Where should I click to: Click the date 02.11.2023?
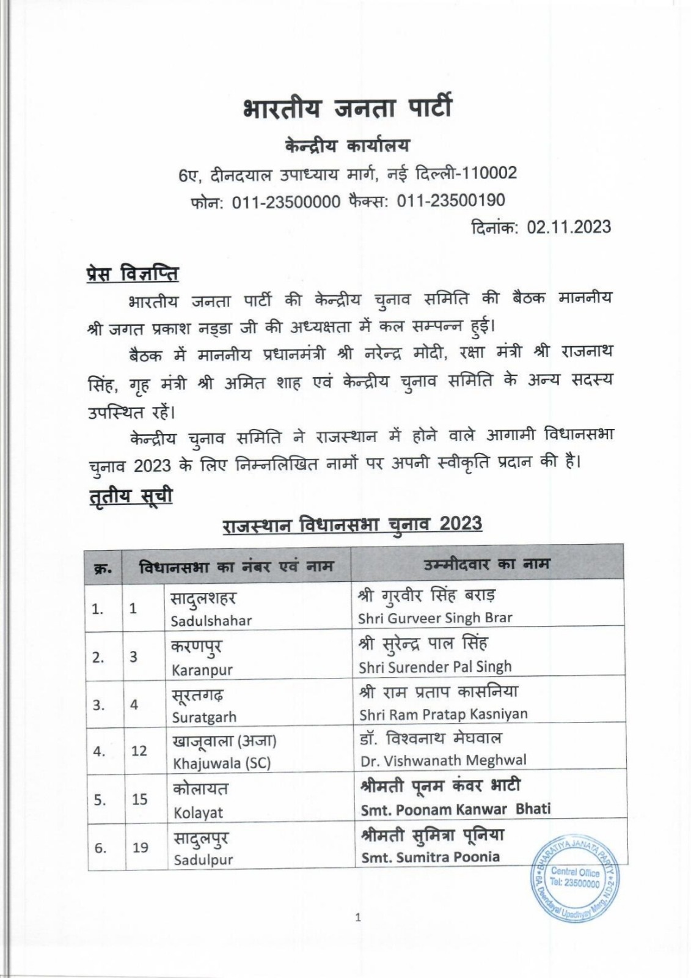coord(569,227)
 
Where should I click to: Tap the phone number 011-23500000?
coord(286,201)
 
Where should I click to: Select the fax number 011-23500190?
coord(451,200)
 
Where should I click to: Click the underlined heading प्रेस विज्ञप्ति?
coord(132,273)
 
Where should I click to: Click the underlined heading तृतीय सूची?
coord(130,496)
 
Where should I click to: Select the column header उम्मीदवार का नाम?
coord(487,563)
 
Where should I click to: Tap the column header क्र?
coord(103,568)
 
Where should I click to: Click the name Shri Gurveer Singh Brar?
coord(435,618)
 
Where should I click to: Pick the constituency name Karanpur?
coord(202,669)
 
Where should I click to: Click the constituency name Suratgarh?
coord(204,717)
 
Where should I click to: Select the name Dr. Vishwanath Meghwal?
coord(443,761)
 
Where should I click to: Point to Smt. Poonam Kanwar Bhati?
coord(456,809)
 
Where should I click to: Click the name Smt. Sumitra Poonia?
coord(430,857)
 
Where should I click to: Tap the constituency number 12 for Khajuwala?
coord(139,751)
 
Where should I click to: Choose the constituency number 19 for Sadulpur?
coord(140,848)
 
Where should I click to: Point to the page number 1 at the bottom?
coord(358,917)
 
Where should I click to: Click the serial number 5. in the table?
coord(99,800)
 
